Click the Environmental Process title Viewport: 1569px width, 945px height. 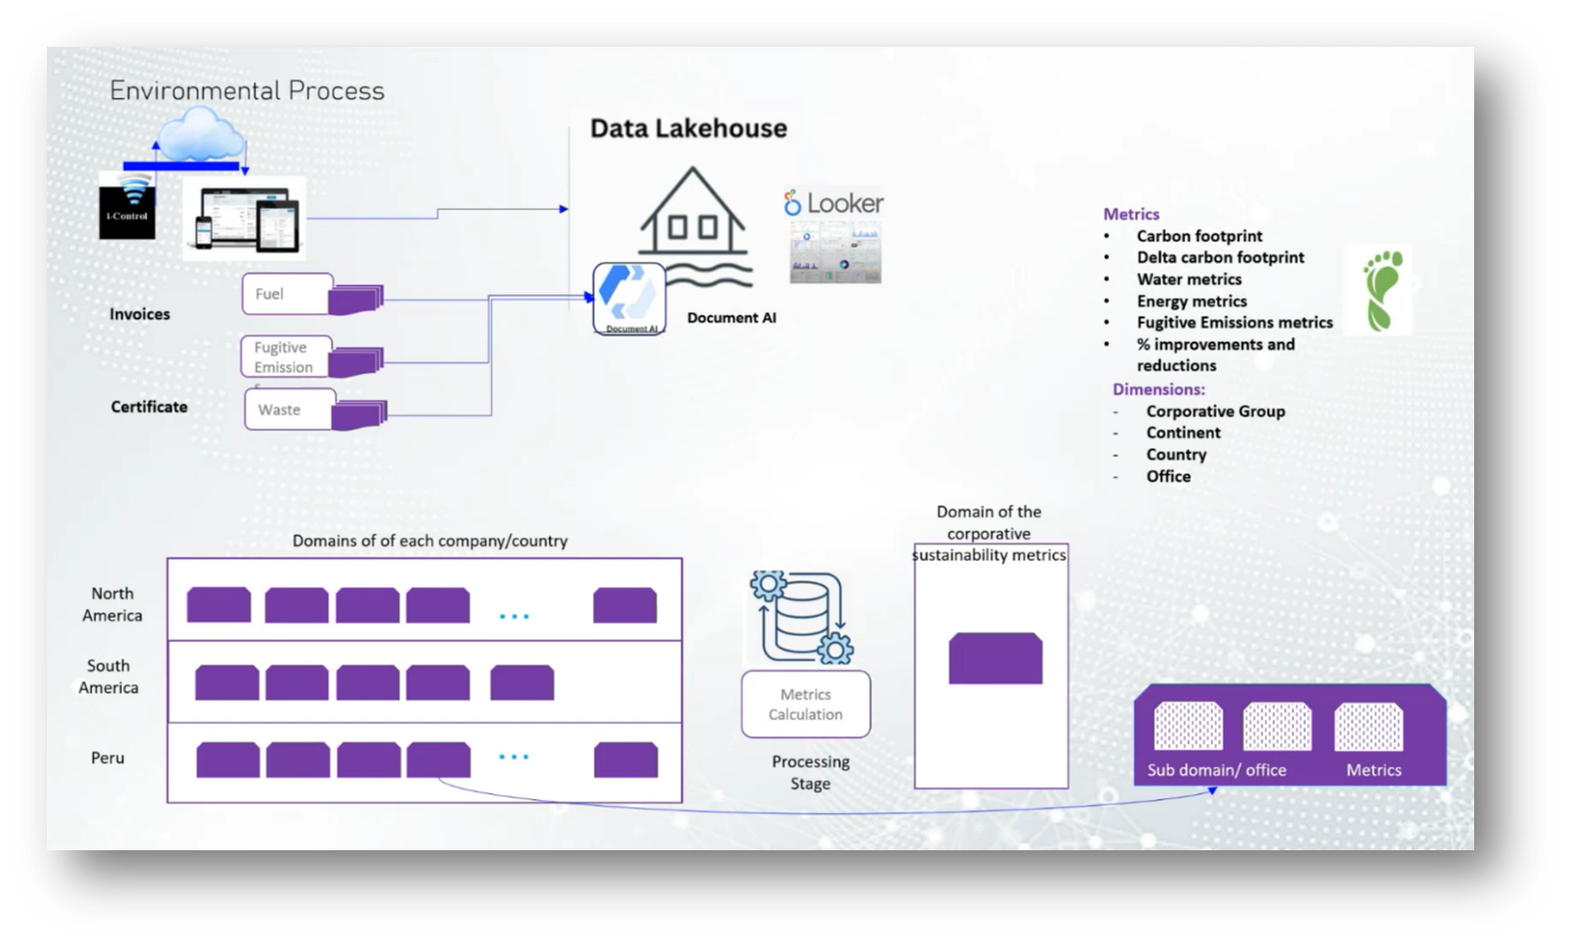point(247,91)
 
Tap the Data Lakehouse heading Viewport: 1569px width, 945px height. point(688,129)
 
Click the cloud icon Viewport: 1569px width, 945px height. point(200,134)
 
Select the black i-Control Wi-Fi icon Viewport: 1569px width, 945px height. point(127,206)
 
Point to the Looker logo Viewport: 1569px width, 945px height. point(833,204)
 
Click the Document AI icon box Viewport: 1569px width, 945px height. point(629,298)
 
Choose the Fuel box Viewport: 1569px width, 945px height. point(286,293)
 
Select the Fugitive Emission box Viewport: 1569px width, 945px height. point(285,357)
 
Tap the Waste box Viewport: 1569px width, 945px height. point(288,409)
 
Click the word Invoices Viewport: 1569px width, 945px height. point(140,314)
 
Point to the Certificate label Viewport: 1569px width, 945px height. point(149,407)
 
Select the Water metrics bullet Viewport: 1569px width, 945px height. point(1189,279)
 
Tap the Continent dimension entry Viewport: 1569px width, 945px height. point(1183,433)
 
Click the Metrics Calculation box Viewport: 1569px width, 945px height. point(805,705)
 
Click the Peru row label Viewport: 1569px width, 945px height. point(108,758)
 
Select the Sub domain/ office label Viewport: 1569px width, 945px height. point(1217,770)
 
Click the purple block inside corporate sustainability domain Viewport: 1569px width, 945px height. point(994,659)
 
